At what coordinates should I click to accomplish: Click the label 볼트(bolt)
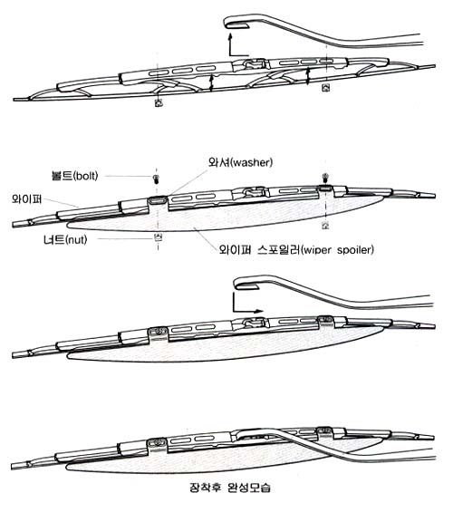click(75, 176)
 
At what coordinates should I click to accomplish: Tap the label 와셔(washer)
click(240, 162)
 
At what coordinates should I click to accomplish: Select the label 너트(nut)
click(65, 239)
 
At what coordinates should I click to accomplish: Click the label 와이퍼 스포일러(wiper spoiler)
click(296, 249)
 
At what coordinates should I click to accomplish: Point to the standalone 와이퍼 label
click(26, 198)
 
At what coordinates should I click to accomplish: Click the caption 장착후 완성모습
click(229, 488)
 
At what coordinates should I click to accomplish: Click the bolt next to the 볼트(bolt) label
click(156, 179)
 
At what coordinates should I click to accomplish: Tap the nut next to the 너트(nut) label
click(159, 237)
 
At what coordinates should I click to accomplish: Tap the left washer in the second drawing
click(158, 200)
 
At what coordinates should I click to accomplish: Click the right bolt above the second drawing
click(325, 178)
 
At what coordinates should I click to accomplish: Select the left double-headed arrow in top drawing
click(211, 82)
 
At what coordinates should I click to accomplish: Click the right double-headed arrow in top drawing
click(308, 76)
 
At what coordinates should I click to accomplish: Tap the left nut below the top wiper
click(159, 102)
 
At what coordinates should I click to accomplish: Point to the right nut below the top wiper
click(325, 88)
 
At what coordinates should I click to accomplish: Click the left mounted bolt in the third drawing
click(158, 331)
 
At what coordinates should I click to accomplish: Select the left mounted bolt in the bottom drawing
click(158, 442)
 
